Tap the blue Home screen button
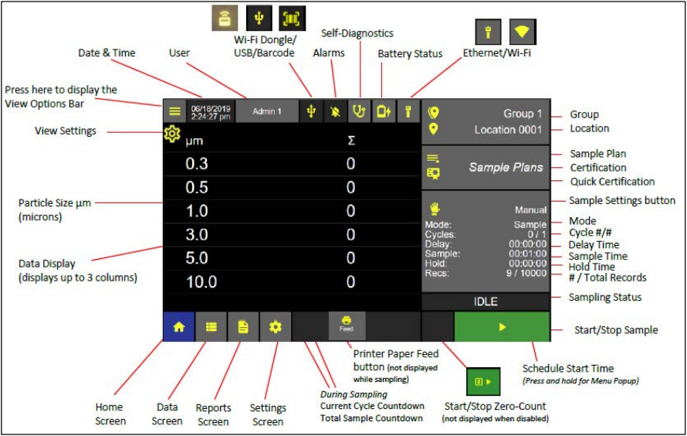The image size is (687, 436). click(x=179, y=326)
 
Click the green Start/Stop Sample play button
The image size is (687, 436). click(x=502, y=326)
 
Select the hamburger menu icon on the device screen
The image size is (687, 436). click(x=174, y=111)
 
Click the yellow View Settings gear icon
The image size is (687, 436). click(x=172, y=133)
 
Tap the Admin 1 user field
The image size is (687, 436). click(x=267, y=111)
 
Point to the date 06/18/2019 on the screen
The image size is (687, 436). click(x=211, y=108)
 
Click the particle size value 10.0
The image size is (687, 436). click(x=201, y=281)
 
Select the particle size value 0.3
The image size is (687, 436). click(x=197, y=164)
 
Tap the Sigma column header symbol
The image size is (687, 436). click(x=351, y=141)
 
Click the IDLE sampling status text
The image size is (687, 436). click(x=486, y=301)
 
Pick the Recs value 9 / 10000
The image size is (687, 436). click(x=526, y=273)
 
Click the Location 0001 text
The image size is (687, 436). click(x=508, y=130)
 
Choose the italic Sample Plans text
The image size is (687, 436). click(x=506, y=167)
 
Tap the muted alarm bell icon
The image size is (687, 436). click(x=336, y=111)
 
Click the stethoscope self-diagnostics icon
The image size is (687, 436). click(x=359, y=111)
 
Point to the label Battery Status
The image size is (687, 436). click(x=410, y=54)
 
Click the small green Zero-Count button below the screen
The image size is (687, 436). click(x=483, y=381)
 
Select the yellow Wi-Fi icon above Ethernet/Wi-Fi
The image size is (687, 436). click(x=523, y=32)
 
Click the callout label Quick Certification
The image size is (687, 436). click(x=612, y=182)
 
